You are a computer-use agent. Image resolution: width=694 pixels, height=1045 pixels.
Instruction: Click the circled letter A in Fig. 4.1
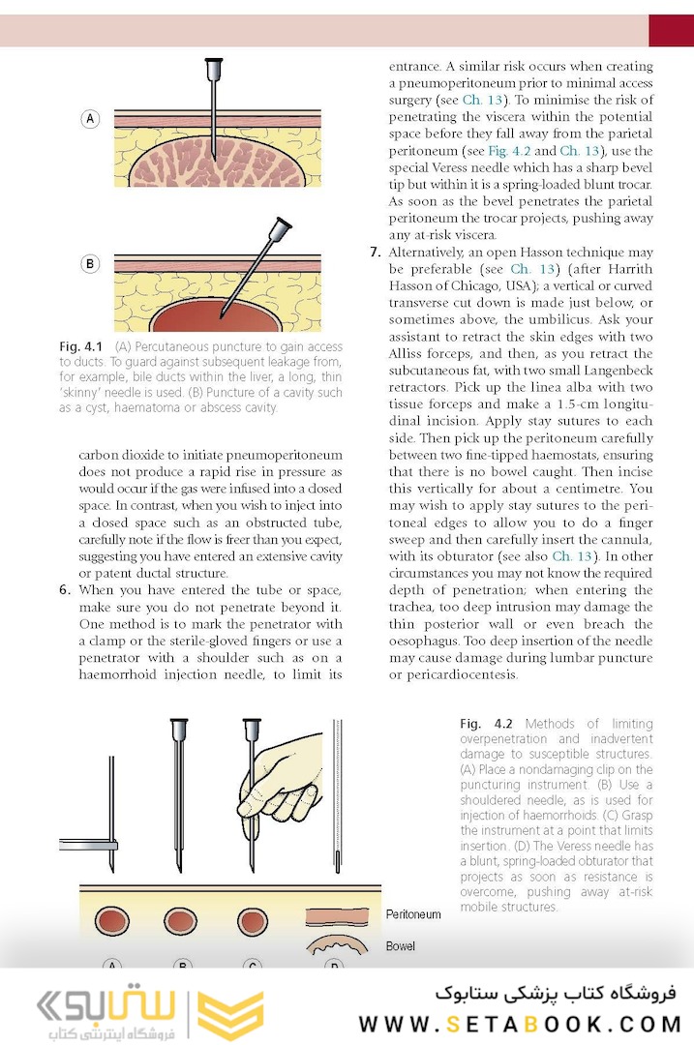click(x=90, y=119)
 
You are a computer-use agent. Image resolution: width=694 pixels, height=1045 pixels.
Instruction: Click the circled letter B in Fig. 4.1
click(x=90, y=263)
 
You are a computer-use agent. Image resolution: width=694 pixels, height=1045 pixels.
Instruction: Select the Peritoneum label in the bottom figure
click(x=413, y=914)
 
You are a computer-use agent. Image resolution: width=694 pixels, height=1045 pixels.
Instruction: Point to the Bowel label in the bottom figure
click(x=402, y=946)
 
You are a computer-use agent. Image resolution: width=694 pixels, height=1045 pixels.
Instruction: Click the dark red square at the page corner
click(x=671, y=30)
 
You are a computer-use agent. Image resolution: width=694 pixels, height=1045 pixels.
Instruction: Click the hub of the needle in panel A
click(x=214, y=68)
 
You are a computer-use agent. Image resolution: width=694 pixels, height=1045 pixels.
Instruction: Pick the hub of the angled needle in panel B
click(x=281, y=230)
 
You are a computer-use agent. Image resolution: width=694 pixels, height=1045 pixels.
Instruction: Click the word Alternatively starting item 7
click(x=432, y=253)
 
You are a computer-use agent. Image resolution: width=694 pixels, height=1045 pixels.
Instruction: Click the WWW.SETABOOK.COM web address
click(x=521, y=1024)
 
